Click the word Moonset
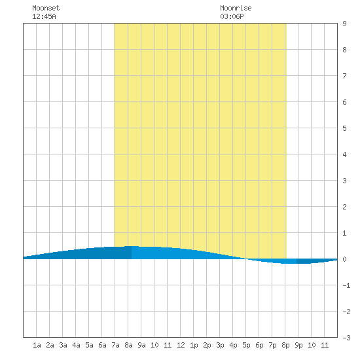(46, 8)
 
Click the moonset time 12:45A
(44, 16)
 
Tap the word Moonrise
(236, 8)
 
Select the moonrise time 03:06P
(232, 16)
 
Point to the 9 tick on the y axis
(344, 24)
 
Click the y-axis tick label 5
(344, 128)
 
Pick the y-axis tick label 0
(344, 259)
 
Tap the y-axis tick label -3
(346, 338)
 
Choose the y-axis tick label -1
(346, 285)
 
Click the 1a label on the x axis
(37, 345)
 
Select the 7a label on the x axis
(115, 345)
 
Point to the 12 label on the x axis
(181, 345)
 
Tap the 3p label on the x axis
(220, 345)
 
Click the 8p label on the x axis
(285, 345)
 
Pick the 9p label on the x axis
(298, 345)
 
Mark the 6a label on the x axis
(102, 345)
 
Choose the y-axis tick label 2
(344, 207)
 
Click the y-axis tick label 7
(344, 76)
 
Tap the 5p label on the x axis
(246, 345)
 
